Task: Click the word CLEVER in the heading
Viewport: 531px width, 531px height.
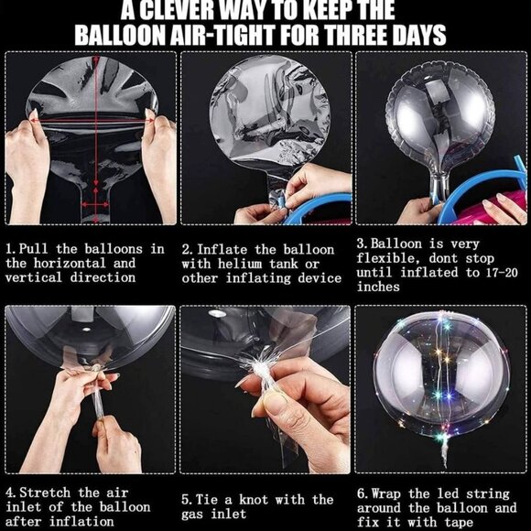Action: pos(176,10)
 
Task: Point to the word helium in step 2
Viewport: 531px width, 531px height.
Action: pos(240,264)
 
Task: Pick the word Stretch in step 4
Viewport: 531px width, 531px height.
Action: pos(45,493)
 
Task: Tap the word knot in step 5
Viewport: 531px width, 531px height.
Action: pos(254,500)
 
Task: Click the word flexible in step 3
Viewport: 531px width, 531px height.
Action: pos(389,259)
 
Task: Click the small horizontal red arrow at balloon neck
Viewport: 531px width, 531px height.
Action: pos(95,204)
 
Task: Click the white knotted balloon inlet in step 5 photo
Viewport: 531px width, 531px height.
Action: pos(260,370)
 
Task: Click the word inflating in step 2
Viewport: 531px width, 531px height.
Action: pos(258,278)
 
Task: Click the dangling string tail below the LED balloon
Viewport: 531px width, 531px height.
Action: pos(443,452)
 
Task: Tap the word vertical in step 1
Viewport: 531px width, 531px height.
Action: pos(34,277)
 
